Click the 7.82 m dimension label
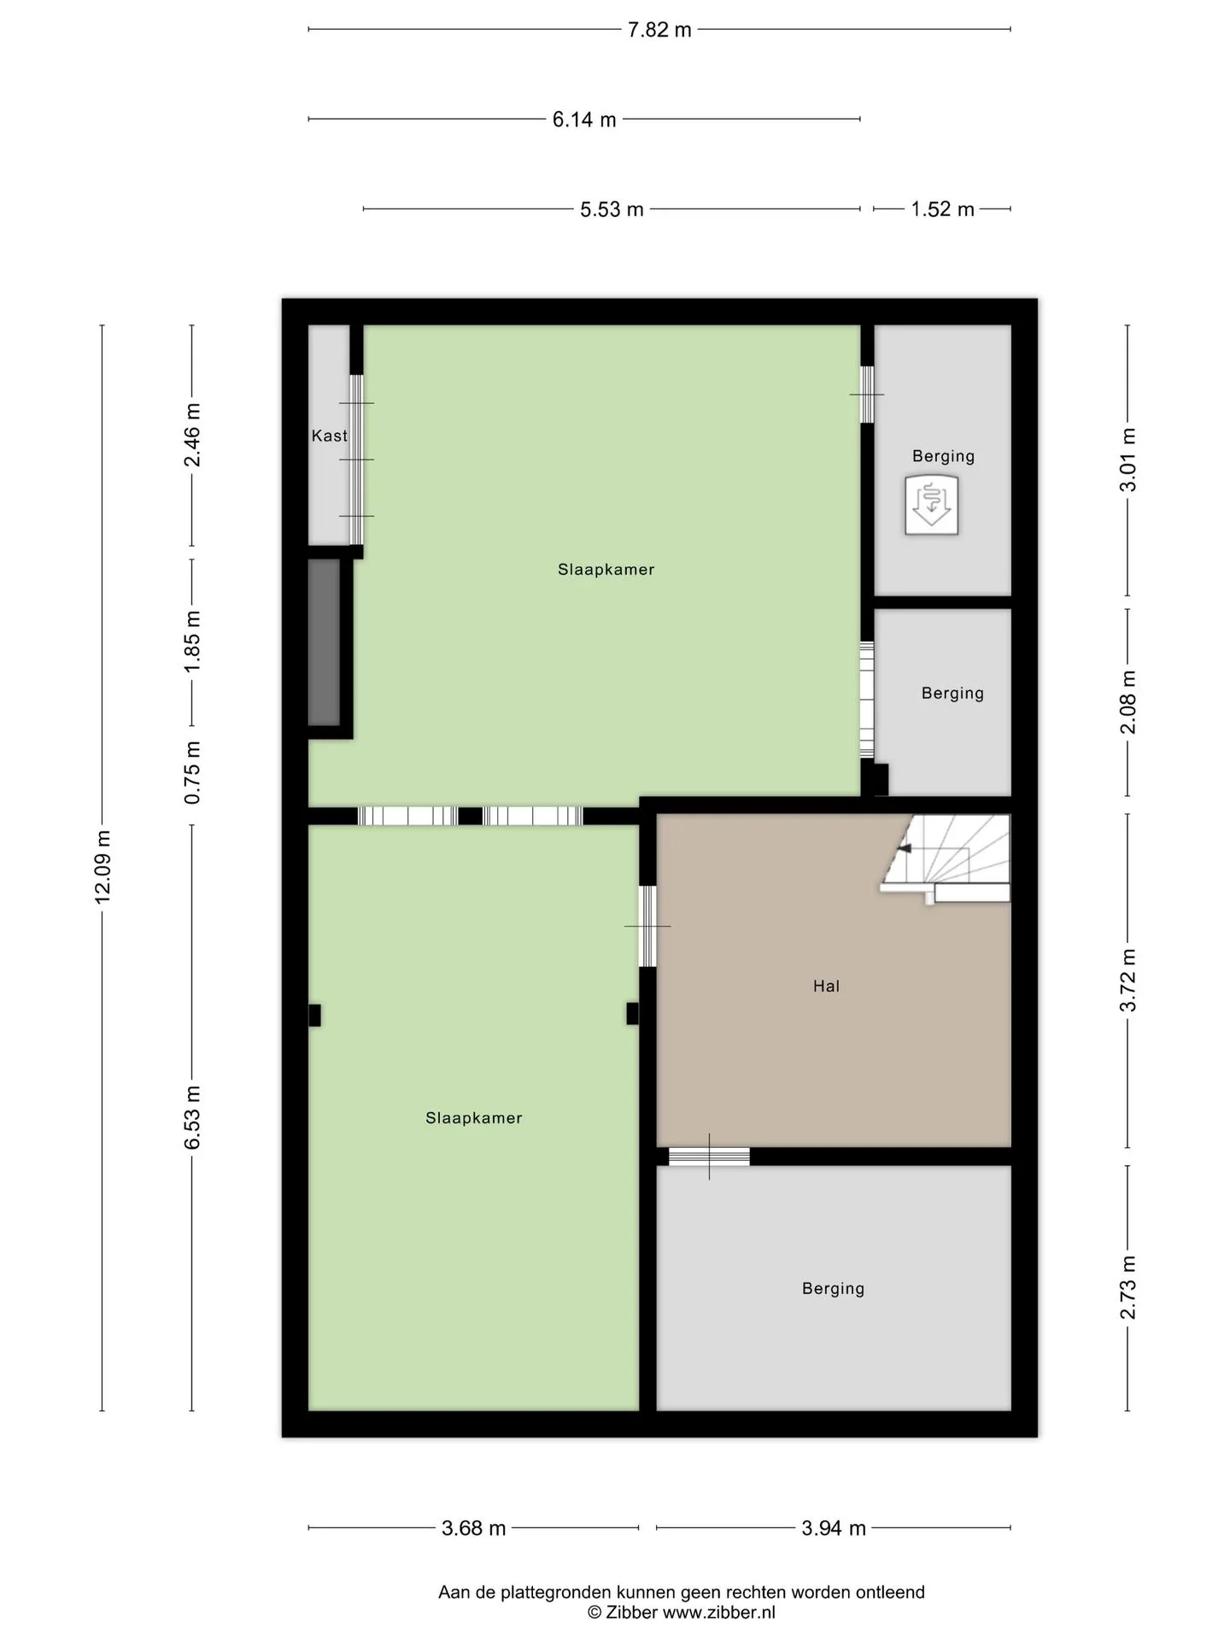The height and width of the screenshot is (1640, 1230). (659, 30)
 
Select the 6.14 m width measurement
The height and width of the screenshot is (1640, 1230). (584, 120)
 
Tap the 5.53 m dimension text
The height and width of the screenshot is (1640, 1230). (612, 209)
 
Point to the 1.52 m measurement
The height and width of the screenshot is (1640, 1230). (942, 209)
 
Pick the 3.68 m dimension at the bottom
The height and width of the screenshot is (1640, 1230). (474, 1528)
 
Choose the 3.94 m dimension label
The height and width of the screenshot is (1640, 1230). (834, 1528)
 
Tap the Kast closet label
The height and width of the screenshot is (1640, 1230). (330, 436)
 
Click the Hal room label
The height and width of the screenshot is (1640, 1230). (826, 986)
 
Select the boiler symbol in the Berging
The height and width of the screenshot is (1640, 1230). (932, 506)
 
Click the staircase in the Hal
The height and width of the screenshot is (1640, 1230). (946, 858)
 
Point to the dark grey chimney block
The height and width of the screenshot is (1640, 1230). (324, 642)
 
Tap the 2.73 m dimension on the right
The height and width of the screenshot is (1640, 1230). (1128, 1286)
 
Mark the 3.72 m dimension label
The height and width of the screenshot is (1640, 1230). (1128, 981)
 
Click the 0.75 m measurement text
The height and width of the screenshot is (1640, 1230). (193, 772)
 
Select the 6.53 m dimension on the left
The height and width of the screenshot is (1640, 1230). (193, 1117)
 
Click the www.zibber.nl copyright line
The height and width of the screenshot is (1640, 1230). (682, 1613)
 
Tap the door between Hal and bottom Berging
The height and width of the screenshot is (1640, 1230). (709, 1157)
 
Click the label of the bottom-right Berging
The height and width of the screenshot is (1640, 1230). (833, 1288)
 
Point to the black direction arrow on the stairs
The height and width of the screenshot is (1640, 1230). (904, 848)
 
